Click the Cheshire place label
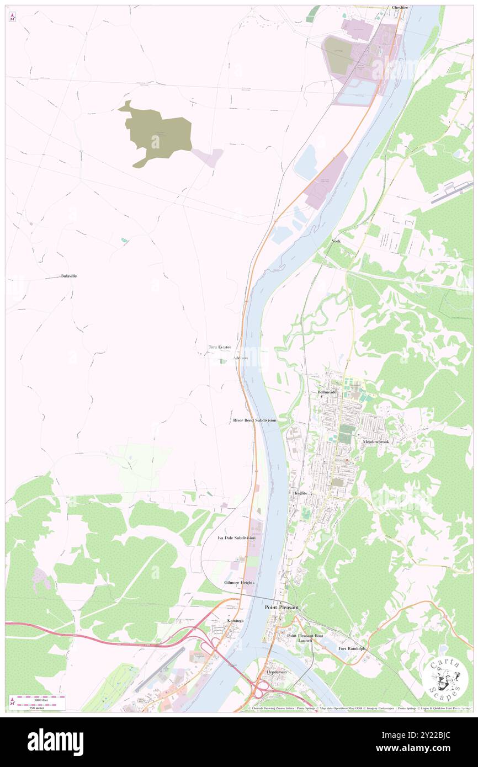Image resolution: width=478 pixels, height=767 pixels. [x=400, y=8]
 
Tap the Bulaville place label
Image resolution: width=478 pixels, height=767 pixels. [x=69, y=276]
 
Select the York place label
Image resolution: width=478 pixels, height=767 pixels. [x=336, y=242]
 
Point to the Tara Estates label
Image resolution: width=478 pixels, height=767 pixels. [x=219, y=347]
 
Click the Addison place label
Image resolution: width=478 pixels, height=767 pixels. [x=241, y=358]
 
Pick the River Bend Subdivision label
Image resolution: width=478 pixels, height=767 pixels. [x=254, y=420]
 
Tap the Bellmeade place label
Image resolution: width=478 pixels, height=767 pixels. [x=327, y=392]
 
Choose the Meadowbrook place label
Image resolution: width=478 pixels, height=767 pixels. [x=376, y=442]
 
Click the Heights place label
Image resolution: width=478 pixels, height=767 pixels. [x=300, y=493]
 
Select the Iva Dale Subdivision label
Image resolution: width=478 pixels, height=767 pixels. [x=236, y=537]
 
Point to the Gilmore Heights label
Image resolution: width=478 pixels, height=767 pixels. [x=239, y=583]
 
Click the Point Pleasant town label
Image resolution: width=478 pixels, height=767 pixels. [x=282, y=608]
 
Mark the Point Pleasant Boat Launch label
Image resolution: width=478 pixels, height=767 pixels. [x=302, y=638]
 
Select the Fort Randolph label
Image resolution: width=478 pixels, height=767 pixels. [x=352, y=648]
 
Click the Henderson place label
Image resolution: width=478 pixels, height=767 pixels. [x=277, y=673]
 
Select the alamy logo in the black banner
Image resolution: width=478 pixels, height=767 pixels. [x=55, y=742]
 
